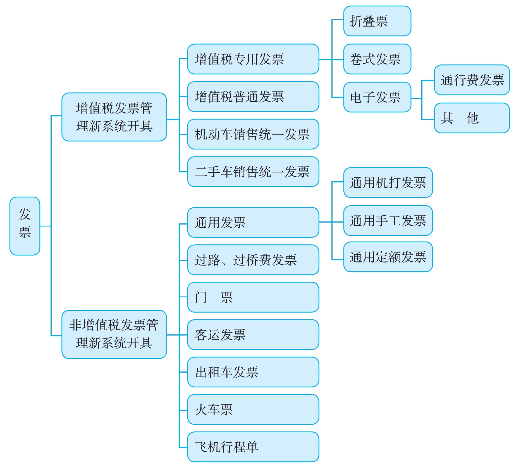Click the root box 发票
[x=25, y=226]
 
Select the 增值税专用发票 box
[x=253, y=59]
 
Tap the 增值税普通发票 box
[x=253, y=97]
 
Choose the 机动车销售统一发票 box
[x=253, y=134]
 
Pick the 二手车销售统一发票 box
[x=253, y=172]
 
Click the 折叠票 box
[x=377, y=21]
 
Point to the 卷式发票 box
[x=377, y=59]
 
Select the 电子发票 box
[x=377, y=97]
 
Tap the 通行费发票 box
[x=472, y=80]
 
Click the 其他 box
[x=472, y=118]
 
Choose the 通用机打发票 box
[x=388, y=183]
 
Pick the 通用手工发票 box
[x=388, y=221]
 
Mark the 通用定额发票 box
[x=388, y=257]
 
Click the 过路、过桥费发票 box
[x=253, y=260]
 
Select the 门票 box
[x=253, y=297]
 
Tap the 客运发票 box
[x=253, y=335]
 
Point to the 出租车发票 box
[x=253, y=372]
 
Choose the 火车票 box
[x=253, y=409]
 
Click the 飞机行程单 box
[x=253, y=447]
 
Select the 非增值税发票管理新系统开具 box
[x=114, y=334]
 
